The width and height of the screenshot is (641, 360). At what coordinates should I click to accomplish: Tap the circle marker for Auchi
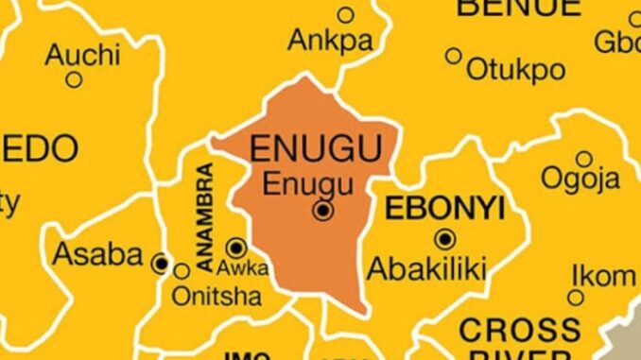click(74, 79)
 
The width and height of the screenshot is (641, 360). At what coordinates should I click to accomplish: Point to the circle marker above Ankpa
click(345, 14)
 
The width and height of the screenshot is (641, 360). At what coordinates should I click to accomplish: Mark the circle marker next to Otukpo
click(454, 56)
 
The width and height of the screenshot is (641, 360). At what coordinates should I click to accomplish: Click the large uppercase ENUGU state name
click(315, 149)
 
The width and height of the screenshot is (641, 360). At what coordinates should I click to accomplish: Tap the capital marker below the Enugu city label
click(323, 211)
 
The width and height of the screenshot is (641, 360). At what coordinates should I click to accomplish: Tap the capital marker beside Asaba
click(162, 264)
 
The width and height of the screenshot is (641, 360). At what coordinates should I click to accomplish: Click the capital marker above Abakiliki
click(442, 238)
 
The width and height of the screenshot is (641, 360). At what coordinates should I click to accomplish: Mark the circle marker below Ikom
click(575, 299)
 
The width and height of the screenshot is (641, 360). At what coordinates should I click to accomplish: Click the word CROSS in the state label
click(519, 332)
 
